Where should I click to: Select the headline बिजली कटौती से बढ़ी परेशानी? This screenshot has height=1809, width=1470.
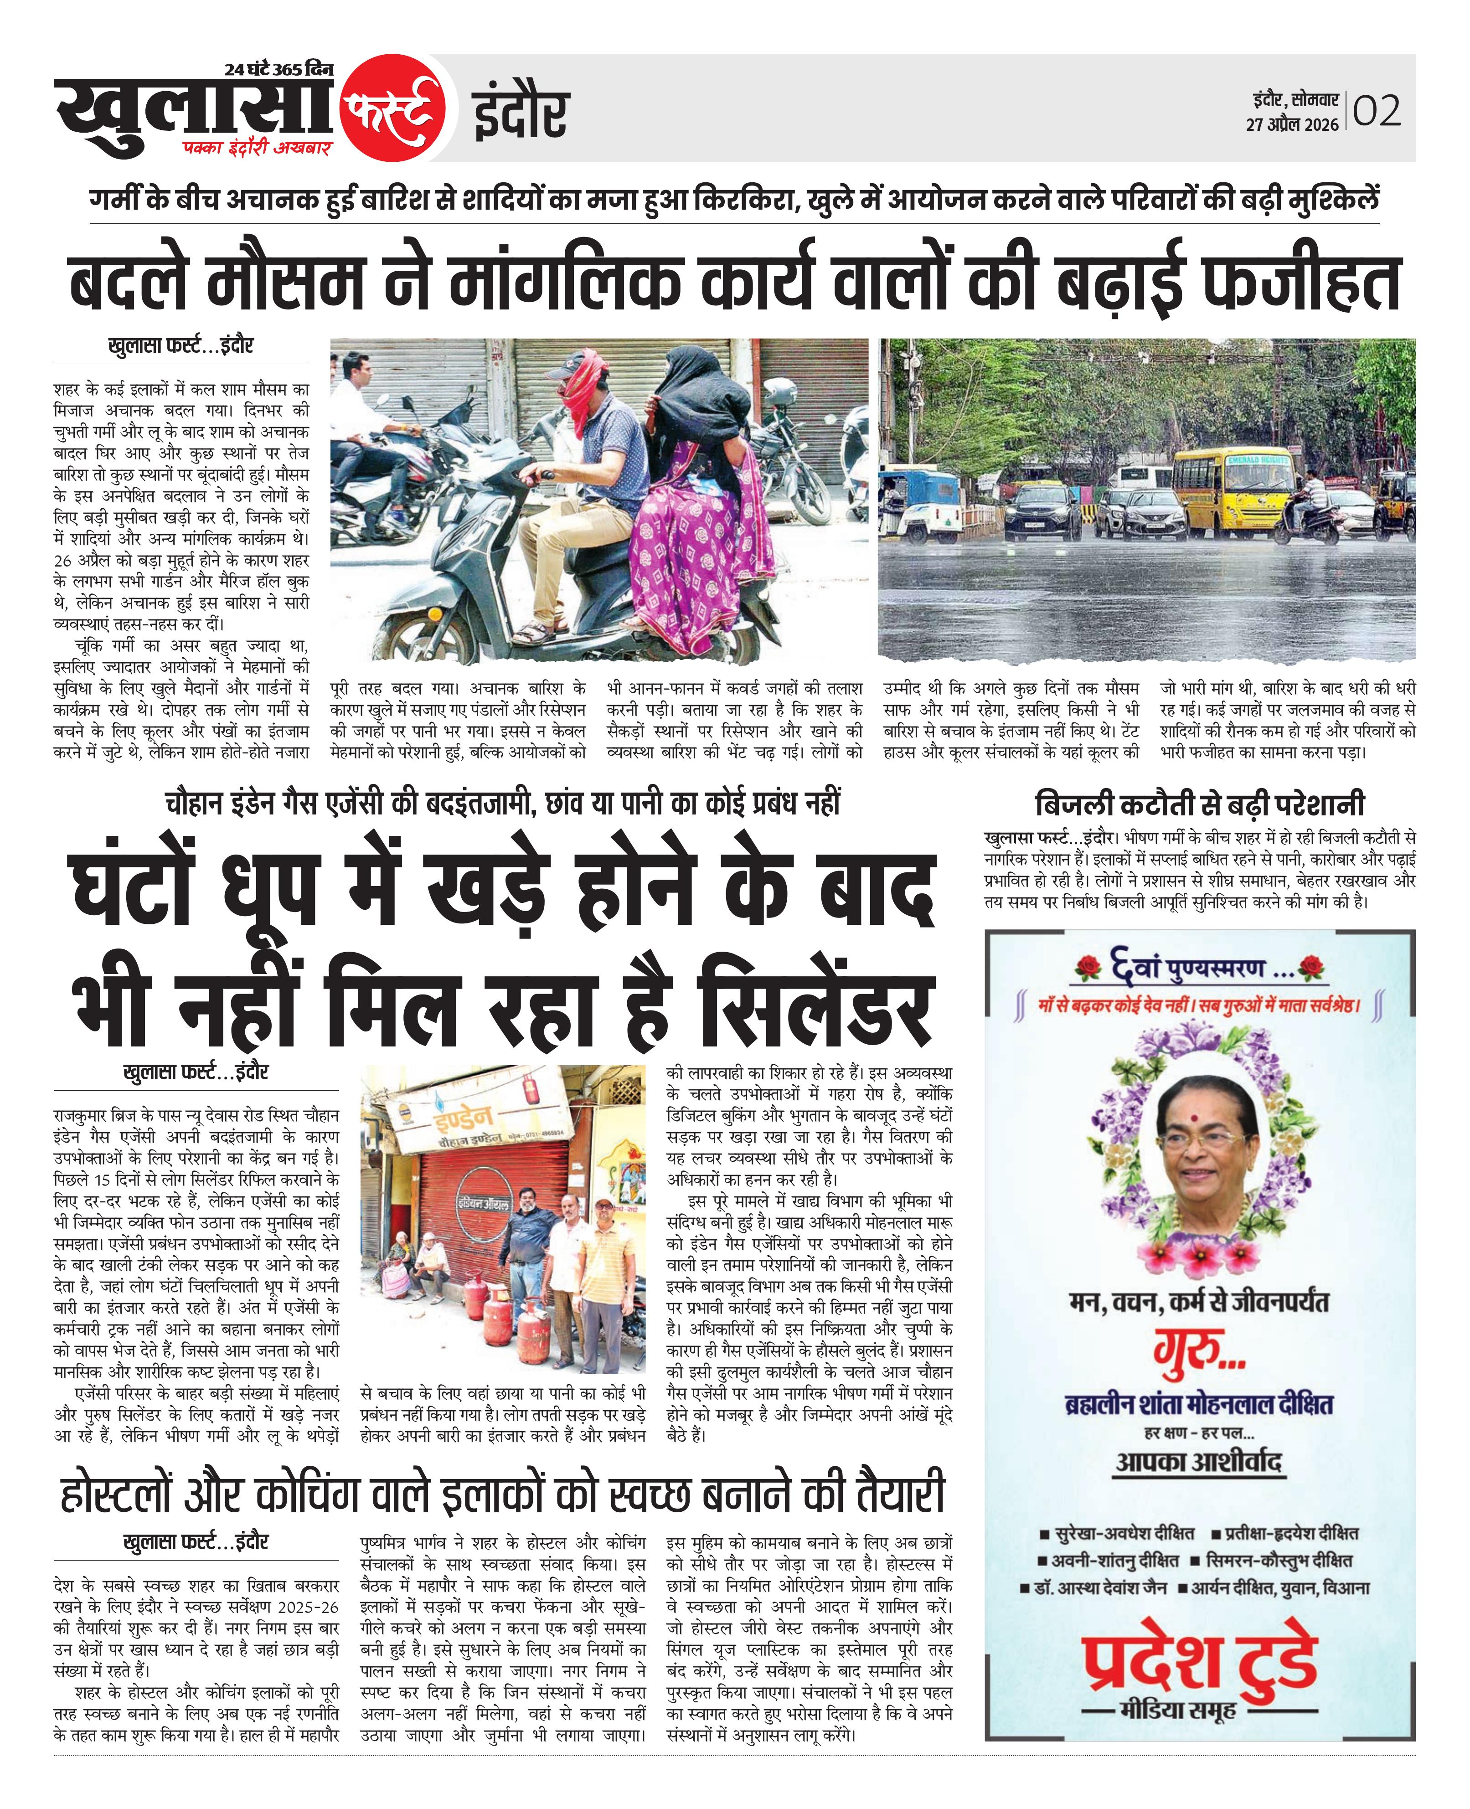pos(1199,804)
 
